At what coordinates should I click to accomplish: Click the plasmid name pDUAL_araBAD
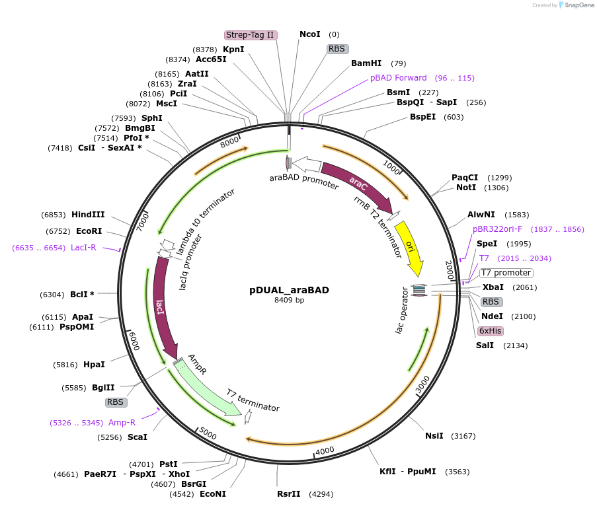tap(289, 289)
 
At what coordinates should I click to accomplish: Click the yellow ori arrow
tap(411, 248)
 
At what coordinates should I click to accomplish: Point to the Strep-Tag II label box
tap(250, 35)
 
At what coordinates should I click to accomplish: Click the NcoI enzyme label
tap(309, 34)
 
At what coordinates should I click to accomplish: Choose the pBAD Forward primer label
tap(398, 78)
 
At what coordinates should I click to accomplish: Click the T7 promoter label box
tap(506, 273)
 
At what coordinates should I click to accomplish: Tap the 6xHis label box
tap(490, 331)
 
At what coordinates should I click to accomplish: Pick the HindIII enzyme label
tap(88, 215)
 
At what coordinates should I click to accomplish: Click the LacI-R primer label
tap(83, 248)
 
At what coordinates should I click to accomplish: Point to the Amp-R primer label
tap(122, 423)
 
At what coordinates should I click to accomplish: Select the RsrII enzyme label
tap(289, 493)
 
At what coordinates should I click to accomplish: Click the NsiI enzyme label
tap(434, 436)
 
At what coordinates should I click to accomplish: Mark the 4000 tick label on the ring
tap(325, 451)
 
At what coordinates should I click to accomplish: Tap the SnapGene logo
tap(575, 5)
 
